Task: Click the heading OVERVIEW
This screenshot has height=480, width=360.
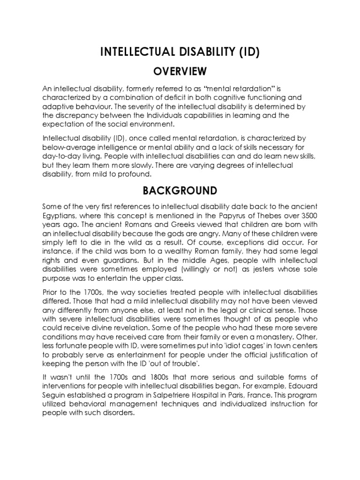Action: [x=180, y=71]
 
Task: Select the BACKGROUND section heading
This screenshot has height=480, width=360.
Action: [x=180, y=191]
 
